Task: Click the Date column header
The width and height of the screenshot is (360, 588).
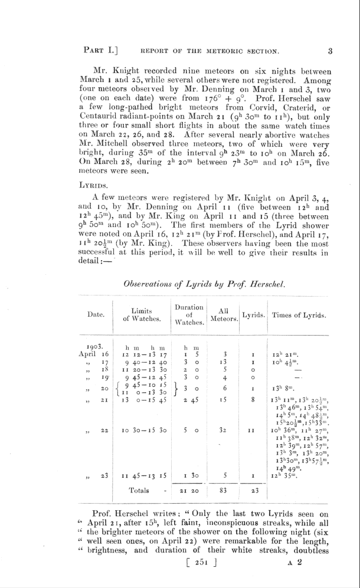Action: [x=96, y=314]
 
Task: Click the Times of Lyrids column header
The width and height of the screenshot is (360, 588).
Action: [x=299, y=315]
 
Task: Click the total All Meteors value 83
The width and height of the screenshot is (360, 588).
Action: [x=224, y=490]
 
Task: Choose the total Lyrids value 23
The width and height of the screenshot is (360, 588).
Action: [x=253, y=490]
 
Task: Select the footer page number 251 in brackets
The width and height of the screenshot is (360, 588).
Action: [x=201, y=563]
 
